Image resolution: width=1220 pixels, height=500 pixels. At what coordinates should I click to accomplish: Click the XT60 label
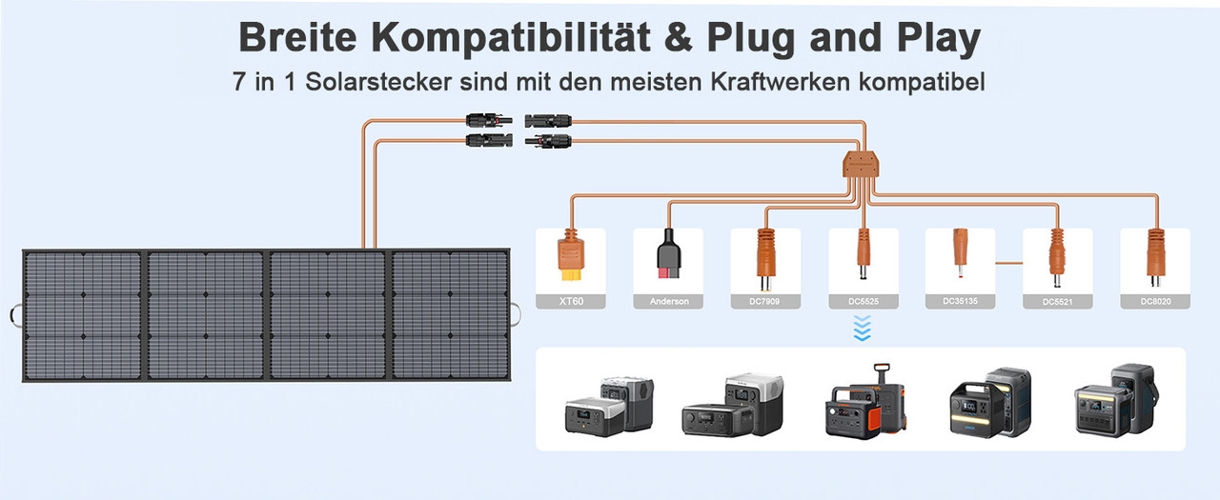click(571, 301)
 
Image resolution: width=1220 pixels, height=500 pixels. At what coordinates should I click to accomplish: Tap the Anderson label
click(669, 301)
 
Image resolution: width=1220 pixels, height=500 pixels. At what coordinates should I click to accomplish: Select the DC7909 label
click(764, 301)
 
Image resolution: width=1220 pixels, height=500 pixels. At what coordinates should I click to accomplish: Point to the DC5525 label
click(864, 301)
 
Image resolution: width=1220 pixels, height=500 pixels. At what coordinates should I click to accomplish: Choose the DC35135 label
click(960, 300)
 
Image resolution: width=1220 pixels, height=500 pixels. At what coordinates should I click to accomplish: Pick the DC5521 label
click(1057, 301)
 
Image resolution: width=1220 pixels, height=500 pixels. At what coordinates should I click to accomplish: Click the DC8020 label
click(1156, 301)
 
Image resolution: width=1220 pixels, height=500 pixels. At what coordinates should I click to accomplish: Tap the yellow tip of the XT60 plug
click(571, 275)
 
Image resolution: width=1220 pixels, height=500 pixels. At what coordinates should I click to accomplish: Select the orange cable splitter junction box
click(861, 165)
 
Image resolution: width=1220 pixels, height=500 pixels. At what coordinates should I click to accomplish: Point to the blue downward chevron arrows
click(863, 329)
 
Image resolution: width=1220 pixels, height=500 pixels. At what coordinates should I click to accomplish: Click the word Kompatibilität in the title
click(511, 37)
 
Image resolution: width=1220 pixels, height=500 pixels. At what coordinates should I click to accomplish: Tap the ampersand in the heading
click(679, 37)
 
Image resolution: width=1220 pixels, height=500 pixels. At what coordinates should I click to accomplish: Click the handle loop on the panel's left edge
click(15, 315)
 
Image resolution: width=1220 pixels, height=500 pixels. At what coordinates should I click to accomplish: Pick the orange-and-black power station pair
click(864, 401)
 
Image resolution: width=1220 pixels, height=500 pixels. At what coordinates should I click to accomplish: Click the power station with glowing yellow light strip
click(989, 403)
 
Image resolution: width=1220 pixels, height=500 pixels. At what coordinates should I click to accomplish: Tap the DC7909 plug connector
click(765, 260)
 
